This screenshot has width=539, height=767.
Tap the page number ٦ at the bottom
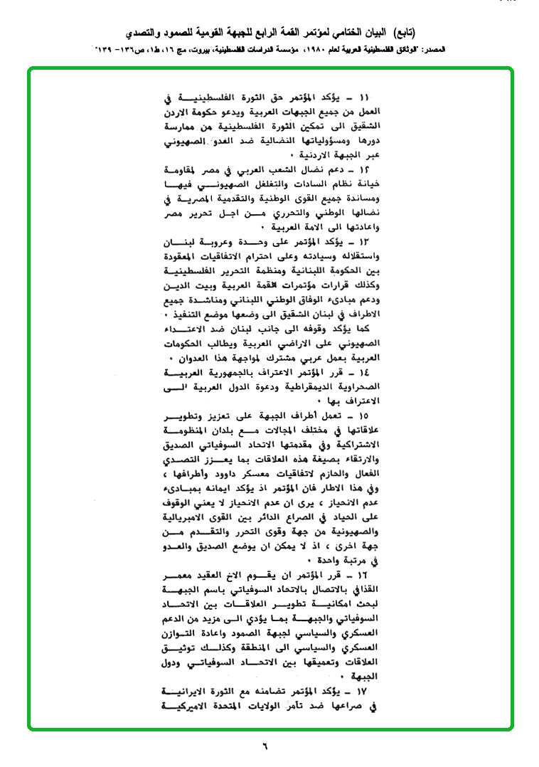pos(265,746)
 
